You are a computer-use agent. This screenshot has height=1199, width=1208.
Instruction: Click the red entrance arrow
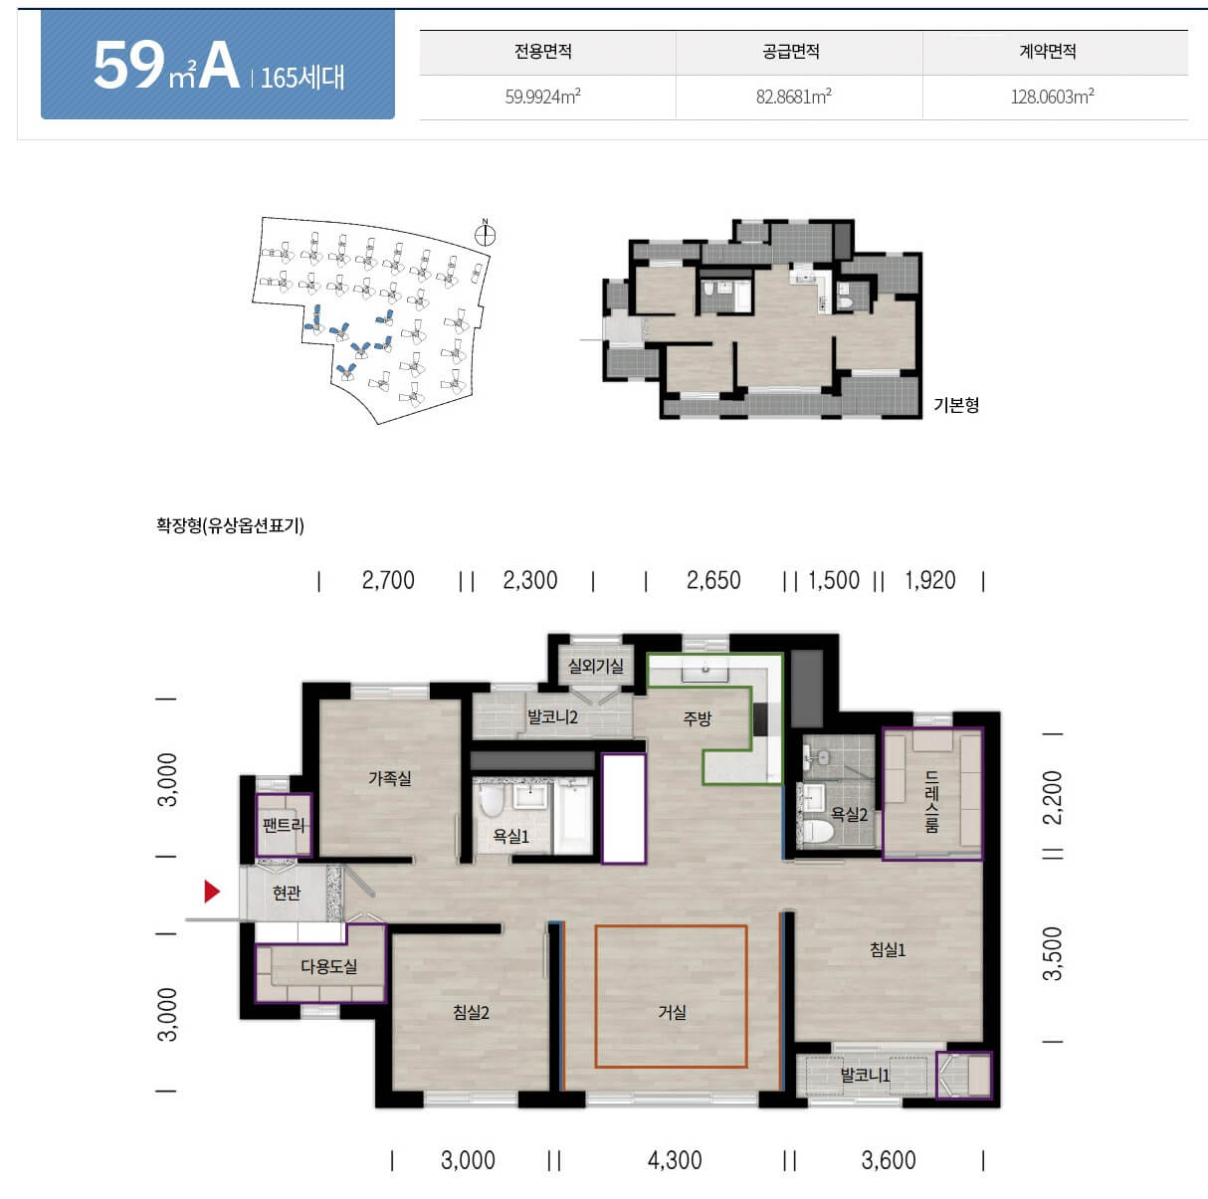[x=212, y=892]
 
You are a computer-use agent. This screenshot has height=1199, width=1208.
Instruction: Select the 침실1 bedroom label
[x=888, y=949]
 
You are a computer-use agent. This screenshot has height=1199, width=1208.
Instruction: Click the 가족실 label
[x=390, y=778]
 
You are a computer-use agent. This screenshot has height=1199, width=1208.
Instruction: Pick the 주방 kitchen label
[x=698, y=718]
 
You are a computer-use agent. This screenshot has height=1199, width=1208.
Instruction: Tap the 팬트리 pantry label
[x=284, y=825]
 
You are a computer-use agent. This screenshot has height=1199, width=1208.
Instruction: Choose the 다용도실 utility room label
[x=329, y=966]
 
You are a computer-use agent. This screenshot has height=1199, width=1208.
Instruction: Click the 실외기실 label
[x=595, y=666]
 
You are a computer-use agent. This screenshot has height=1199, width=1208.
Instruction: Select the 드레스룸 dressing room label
[x=932, y=801]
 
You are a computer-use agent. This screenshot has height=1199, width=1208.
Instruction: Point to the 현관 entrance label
[x=287, y=893]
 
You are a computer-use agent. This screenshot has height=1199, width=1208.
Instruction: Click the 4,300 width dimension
[x=675, y=1160]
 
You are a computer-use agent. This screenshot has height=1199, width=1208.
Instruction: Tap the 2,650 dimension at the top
[x=713, y=580]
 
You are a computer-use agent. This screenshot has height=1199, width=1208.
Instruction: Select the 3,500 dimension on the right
[x=1053, y=953]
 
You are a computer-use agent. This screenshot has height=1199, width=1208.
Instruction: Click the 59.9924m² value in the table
[x=543, y=97]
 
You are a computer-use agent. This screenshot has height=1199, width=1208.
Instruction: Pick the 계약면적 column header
[x=1048, y=52]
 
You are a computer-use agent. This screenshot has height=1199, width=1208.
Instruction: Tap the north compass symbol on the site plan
[x=486, y=234]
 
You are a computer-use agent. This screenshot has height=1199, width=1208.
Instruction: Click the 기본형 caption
[x=956, y=405]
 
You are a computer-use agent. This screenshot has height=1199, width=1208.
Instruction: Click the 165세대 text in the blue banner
[x=302, y=78]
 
